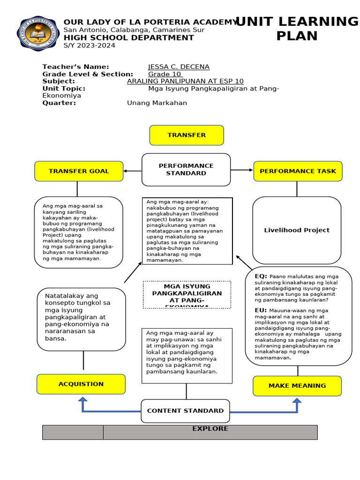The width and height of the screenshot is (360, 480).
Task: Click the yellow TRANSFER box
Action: (187, 135)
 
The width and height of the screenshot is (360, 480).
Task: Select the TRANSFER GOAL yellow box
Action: (79, 171)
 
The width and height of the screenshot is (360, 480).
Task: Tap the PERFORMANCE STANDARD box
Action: (186, 169)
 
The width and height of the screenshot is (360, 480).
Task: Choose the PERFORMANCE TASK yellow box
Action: (298, 171)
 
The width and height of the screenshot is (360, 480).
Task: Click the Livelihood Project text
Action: (296, 230)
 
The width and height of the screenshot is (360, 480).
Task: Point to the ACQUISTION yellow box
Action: (81, 384)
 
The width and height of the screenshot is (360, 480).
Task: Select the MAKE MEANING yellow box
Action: (297, 385)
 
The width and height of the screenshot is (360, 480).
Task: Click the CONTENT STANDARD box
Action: (185, 411)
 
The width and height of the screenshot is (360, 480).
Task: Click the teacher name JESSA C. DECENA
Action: (179, 67)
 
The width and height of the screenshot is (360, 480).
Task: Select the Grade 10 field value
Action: (165, 74)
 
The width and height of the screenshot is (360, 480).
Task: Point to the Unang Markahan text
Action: (157, 103)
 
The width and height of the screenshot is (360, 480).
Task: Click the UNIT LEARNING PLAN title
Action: (296, 29)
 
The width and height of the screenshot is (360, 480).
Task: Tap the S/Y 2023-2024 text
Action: (89, 45)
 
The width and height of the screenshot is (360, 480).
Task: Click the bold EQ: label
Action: (261, 276)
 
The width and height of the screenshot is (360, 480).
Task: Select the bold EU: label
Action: (261, 310)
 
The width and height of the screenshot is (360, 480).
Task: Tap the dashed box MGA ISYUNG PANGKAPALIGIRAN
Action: (187, 294)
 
